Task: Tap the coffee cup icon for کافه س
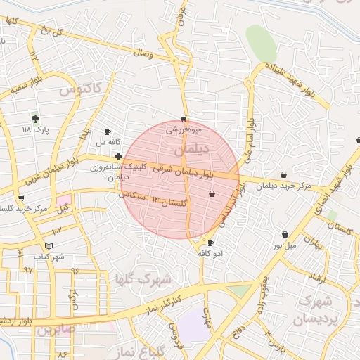108,132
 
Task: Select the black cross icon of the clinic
119,155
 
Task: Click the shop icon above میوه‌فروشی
184,119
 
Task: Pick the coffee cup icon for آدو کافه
211,243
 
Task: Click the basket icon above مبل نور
285,234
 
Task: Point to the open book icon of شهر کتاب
49,246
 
